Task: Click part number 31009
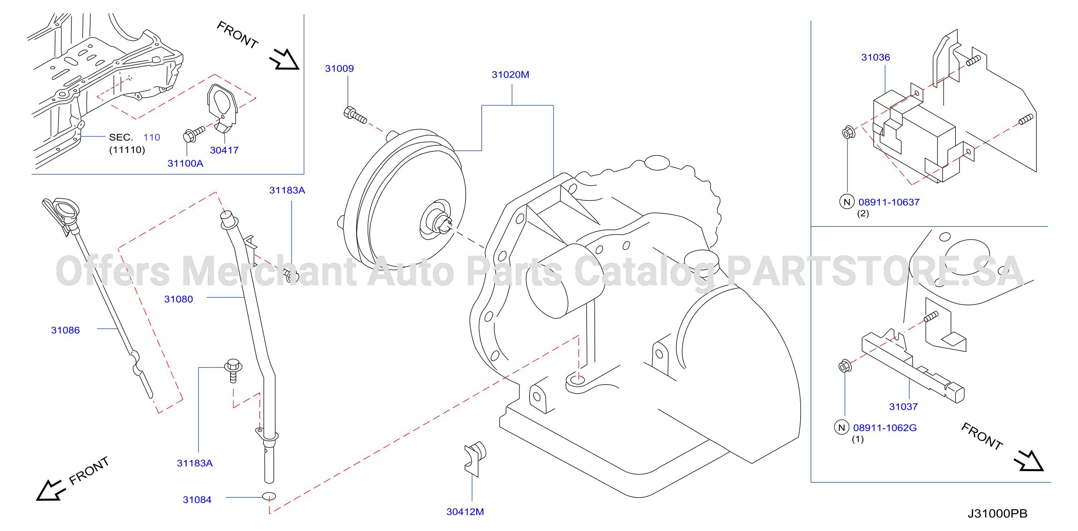339,69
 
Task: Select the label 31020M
510,74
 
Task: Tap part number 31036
875,57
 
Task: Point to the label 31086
65,330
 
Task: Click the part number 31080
178,299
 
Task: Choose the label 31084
197,500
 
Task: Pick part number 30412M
465,512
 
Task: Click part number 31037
903,407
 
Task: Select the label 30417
224,150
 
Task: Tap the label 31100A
185,164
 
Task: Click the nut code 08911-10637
889,203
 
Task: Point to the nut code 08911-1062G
885,428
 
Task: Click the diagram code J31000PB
997,514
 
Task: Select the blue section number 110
151,137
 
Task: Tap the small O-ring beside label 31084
269,497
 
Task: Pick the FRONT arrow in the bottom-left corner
51,490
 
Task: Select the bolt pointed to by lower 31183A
233,370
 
